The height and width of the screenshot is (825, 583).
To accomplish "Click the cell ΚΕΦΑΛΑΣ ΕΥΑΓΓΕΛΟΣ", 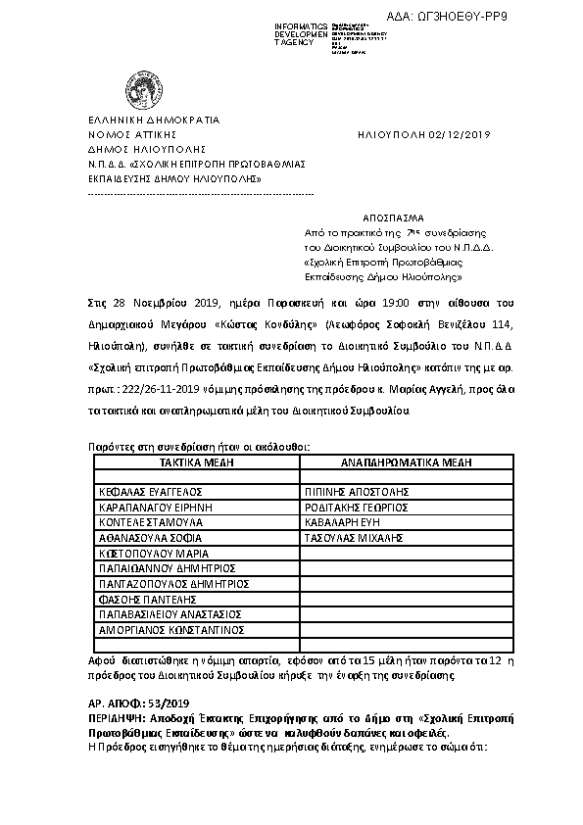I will tap(149, 492).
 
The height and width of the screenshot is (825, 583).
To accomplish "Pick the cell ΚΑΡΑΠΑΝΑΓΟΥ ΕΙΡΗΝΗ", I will tap(154, 508).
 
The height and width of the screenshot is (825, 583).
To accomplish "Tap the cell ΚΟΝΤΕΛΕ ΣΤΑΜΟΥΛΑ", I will tap(149, 523).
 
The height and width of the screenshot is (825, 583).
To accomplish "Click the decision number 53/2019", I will tap(170, 704).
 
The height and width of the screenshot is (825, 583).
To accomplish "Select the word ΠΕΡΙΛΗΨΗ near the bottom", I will tap(114, 718).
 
